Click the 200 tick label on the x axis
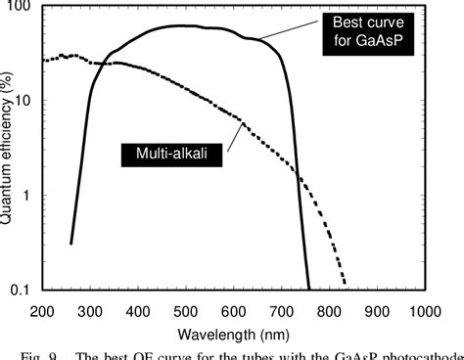tap(42, 310)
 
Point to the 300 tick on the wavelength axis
tap(90, 310)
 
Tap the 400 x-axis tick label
tap(138, 310)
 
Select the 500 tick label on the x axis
tap(186, 310)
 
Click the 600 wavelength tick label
tap(234, 310)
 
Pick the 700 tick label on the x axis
tap(282, 310)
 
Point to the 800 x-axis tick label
tap(330, 310)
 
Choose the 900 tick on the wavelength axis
tap(378, 310)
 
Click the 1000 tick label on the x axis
tap(424, 310)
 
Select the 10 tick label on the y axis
tap(25, 102)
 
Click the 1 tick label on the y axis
tap(29, 196)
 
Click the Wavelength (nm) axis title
tap(233, 331)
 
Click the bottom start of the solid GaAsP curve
tap(71, 243)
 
